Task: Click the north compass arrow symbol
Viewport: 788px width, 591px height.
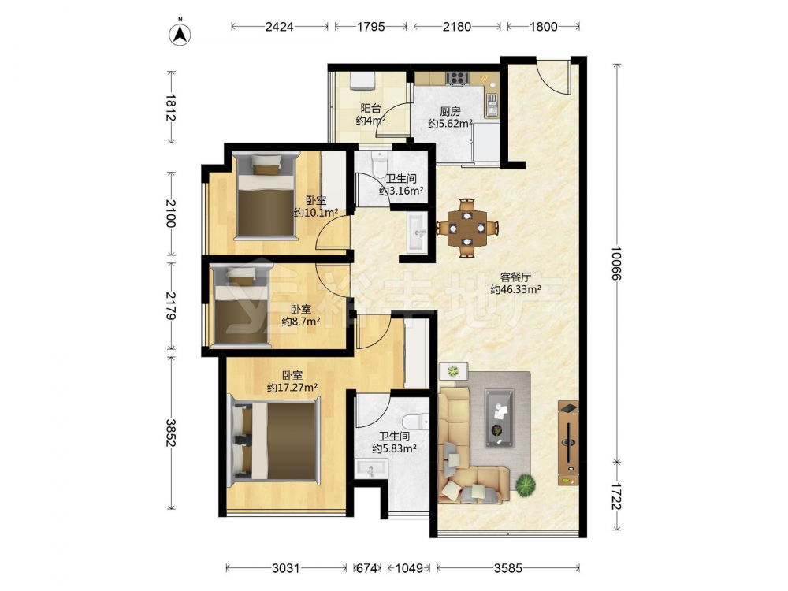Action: coord(180,34)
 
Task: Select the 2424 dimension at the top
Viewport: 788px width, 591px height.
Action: coord(280,27)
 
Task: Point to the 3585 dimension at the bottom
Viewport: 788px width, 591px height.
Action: coord(508,568)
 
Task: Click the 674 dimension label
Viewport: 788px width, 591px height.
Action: coord(367,568)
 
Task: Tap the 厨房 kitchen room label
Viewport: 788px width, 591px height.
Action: coord(450,111)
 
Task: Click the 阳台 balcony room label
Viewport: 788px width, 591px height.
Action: coord(371,108)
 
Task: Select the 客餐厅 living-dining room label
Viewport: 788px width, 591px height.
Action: coord(515,277)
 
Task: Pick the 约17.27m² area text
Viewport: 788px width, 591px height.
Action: coord(292,388)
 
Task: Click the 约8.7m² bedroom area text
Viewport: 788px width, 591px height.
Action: coord(301,322)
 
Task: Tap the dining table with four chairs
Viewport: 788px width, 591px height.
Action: coord(467,229)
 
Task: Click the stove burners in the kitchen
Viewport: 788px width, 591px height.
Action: coord(457,78)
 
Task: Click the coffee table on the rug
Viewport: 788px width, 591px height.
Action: coord(499,418)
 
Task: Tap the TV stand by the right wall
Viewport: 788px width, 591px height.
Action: coord(568,443)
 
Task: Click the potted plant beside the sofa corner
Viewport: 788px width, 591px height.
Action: coord(525,485)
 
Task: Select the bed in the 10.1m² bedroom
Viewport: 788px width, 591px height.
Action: coord(266,195)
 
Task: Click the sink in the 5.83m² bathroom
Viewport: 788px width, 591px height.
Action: coord(371,469)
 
